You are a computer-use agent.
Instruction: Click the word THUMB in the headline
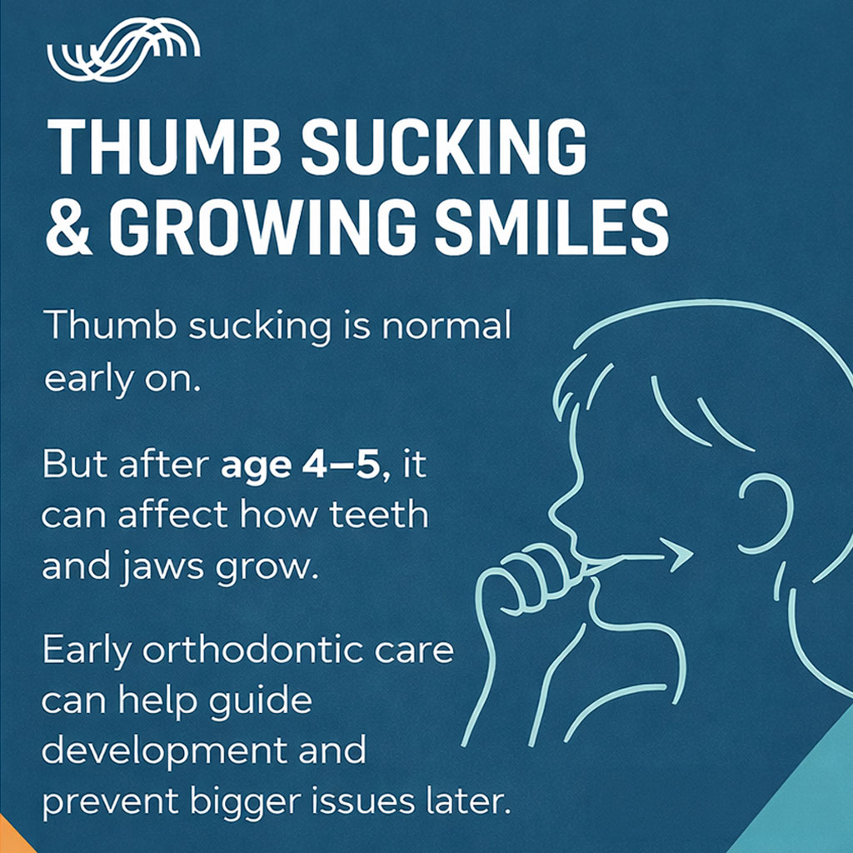[164, 147]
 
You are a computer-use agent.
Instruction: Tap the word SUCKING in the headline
[443, 147]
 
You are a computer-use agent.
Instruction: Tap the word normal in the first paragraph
[446, 326]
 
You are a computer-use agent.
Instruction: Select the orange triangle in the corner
[12, 838]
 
